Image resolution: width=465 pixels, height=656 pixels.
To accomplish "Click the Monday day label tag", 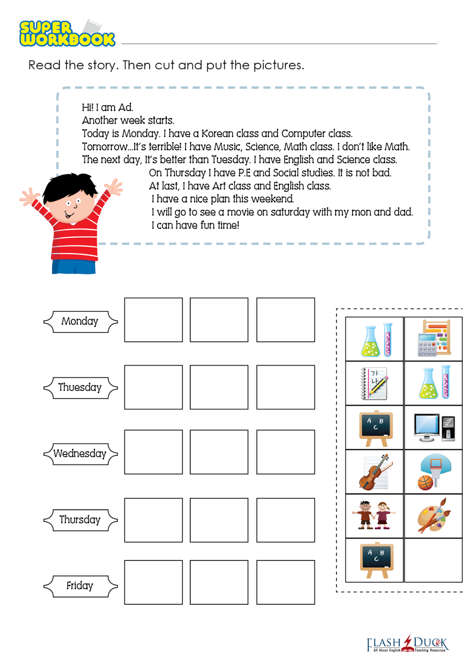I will (x=80, y=322).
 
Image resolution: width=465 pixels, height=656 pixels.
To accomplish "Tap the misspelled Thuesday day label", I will (x=80, y=388).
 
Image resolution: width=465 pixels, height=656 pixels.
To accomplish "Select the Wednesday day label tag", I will (x=80, y=454).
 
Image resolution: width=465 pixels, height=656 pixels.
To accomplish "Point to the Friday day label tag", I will (x=80, y=586).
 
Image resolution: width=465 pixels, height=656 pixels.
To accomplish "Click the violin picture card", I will (x=375, y=472).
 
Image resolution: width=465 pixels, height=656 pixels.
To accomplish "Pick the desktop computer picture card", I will (x=434, y=427).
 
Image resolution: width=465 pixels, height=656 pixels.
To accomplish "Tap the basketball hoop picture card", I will (x=434, y=472).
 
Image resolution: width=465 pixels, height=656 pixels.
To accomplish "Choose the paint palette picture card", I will (x=434, y=516).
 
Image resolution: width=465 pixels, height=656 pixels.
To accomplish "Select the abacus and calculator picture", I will (x=434, y=338).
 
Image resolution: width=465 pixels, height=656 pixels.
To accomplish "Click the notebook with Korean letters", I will (x=375, y=383).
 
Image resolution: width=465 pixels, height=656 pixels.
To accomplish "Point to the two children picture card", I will (x=375, y=516).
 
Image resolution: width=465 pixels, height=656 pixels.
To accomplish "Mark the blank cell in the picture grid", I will (x=434, y=560).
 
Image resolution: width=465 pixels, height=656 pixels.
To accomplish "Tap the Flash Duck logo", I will (x=407, y=644).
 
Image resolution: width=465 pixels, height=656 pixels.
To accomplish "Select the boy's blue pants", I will (x=74, y=266).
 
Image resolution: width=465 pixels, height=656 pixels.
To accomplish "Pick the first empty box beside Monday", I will (x=153, y=320).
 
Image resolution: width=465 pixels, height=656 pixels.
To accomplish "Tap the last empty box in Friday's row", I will (x=286, y=582).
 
